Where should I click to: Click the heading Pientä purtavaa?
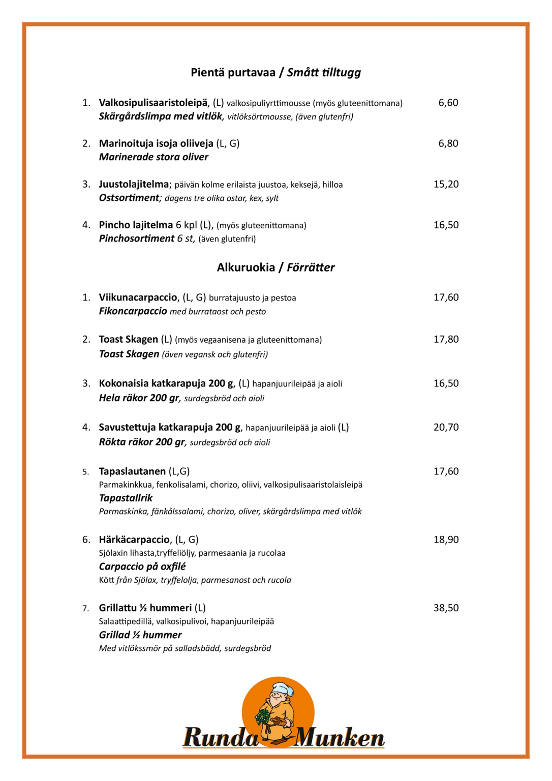coord(233,72)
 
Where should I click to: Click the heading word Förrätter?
coord(311,267)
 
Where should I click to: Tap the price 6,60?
coord(448,103)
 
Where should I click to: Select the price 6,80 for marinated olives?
coord(448,143)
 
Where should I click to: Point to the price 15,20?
coord(446,184)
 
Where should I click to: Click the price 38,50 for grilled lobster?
coord(446,608)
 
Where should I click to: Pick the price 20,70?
coord(446,427)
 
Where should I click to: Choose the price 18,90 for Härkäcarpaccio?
coord(446,539)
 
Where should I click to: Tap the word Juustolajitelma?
coord(134,184)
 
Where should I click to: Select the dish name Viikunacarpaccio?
coord(138,297)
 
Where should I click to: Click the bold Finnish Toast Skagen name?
coord(128,339)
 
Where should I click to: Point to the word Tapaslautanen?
coord(132,471)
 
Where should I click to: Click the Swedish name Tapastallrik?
coord(126,498)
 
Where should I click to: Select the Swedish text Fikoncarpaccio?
coord(133,311)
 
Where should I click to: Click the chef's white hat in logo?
coord(283,688)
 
